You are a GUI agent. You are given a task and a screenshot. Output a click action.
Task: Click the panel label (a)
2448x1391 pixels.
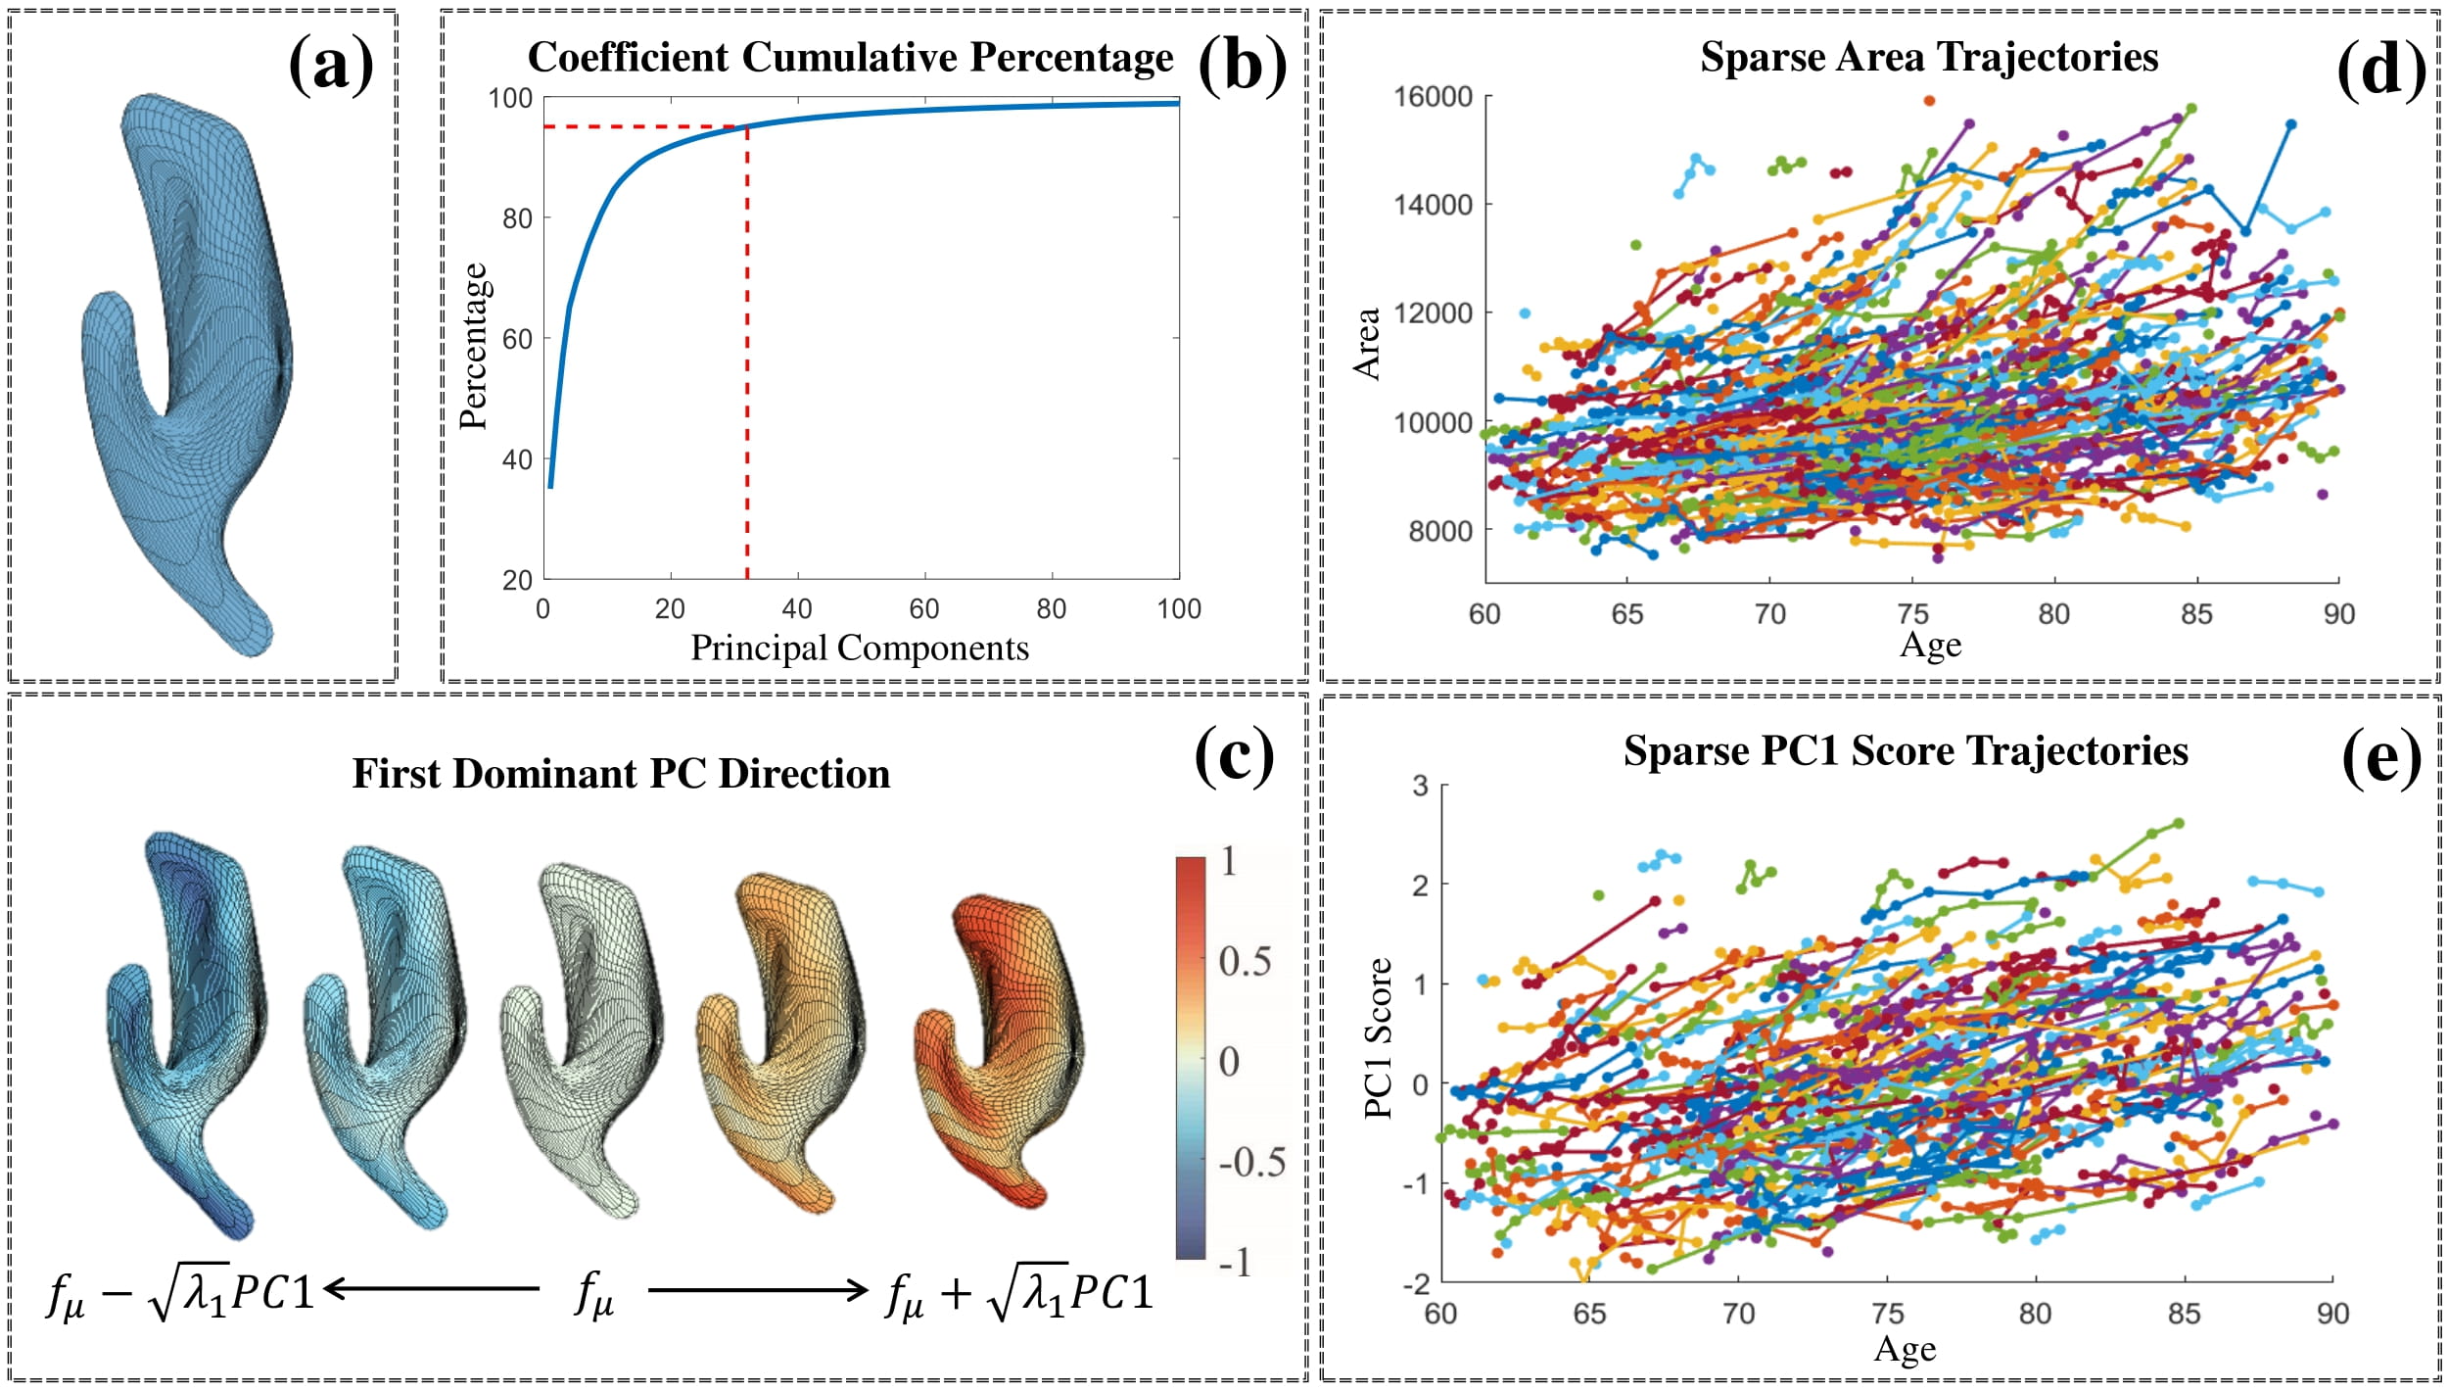(x=331, y=65)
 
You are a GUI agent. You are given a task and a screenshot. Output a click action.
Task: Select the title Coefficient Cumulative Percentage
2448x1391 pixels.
(x=850, y=57)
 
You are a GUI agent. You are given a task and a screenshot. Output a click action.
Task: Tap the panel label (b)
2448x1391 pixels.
(x=1242, y=65)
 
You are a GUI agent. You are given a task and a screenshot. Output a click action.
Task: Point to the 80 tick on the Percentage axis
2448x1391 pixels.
(x=517, y=218)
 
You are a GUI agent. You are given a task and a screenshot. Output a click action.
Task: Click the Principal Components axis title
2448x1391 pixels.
(x=860, y=648)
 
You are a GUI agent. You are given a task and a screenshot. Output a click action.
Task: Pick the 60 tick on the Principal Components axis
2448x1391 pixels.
(x=923, y=609)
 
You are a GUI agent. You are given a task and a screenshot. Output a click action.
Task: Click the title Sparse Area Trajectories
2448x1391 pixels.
(x=1929, y=57)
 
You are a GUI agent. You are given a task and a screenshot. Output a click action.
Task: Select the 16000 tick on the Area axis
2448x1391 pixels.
(x=1434, y=97)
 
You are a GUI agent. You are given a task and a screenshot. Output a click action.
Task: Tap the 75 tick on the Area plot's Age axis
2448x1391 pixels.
(x=1912, y=614)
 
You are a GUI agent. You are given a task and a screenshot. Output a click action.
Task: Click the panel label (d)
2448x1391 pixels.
(x=2380, y=69)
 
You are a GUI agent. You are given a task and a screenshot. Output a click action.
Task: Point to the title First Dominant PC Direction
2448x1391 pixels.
(x=621, y=773)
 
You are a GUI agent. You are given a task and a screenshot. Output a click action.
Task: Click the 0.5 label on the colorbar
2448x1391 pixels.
(x=1245, y=961)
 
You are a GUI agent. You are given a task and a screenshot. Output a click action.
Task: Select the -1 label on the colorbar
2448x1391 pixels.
(x=1236, y=1263)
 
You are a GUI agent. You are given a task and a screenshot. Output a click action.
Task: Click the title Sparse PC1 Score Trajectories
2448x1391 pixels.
(x=1906, y=750)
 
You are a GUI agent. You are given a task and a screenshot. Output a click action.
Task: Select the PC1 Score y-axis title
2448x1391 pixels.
(x=1378, y=1038)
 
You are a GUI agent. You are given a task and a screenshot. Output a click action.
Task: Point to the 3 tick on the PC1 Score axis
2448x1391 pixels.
(x=1420, y=786)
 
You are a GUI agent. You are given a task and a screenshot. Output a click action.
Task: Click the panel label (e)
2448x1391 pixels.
(x=2380, y=758)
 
